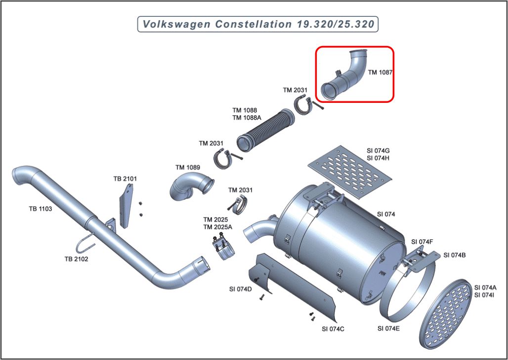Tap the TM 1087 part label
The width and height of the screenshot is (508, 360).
coord(380,72)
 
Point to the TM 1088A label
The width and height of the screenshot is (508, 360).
coord(247,118)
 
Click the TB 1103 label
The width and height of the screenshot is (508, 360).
coord(40,209)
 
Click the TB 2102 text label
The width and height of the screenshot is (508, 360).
coord(77,259)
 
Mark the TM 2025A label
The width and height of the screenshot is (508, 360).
coord(217,226)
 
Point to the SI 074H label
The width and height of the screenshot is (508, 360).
coord(378,158)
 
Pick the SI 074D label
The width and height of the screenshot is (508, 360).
coord(240,289)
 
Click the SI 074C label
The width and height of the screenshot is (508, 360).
coord(333,328)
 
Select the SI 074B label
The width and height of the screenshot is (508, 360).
coord(454,255)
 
